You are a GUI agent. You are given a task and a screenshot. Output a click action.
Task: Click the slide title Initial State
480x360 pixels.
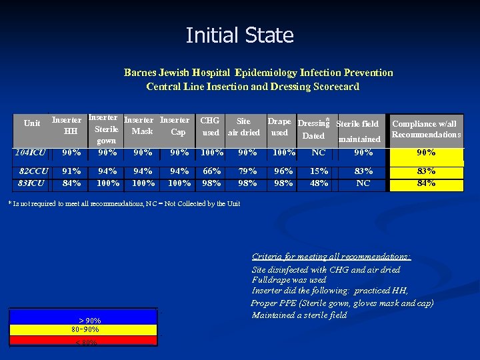240,35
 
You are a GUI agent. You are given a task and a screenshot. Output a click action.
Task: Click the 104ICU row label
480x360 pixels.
32,153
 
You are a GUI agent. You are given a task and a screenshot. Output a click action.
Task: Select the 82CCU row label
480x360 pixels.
33,171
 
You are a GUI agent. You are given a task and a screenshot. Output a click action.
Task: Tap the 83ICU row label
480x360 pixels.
32,183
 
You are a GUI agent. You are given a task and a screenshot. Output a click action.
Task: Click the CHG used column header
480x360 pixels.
211,127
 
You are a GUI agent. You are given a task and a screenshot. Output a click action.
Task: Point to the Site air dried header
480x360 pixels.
243,127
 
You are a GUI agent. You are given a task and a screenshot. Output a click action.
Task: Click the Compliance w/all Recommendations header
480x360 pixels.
425,129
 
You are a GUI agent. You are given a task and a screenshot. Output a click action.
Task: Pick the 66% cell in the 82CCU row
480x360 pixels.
211,171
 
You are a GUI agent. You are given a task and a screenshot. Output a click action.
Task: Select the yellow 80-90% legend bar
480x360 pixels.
83,329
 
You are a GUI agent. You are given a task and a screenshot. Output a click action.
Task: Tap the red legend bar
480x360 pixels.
83,341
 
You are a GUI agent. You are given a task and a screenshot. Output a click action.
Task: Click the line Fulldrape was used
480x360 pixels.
289,280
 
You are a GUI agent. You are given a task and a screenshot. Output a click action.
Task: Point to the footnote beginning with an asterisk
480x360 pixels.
124,203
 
